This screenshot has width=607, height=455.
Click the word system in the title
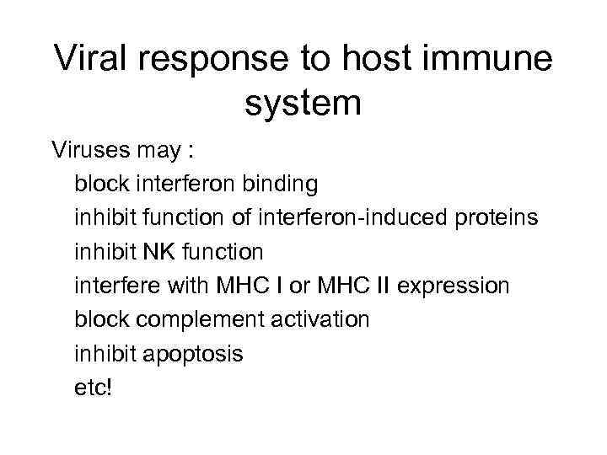(x=303, y=104)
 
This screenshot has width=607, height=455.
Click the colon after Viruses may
(x=191, y=152)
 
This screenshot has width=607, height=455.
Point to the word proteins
(x=497, y=218)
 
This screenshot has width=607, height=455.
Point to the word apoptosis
(x=195, y=355)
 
